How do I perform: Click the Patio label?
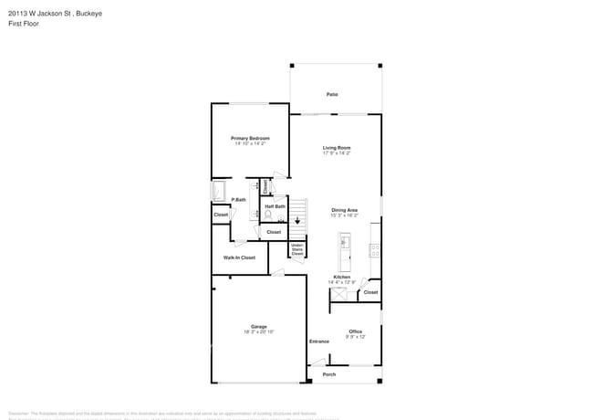(333, 94)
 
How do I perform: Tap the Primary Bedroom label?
(249, 138)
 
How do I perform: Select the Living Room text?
(337, 147)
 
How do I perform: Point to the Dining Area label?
(344, 210)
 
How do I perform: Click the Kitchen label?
(341, 277)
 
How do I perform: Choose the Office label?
(355, 331)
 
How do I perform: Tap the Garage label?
(259, 326)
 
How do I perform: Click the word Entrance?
(318, 341)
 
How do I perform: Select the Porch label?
(329, 374)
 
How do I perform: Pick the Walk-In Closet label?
(239, 257)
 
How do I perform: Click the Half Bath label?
(276, 206)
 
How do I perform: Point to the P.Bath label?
(238, 199)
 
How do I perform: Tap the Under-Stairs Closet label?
(296, 249)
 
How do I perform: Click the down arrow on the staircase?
(296, 221)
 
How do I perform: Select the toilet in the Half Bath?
(269, 215)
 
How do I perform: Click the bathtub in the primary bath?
(219, 191)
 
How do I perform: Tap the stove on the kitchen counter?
(374, 249)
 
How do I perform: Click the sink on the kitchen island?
(345, 243)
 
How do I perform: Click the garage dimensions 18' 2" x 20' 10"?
(259, 331)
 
